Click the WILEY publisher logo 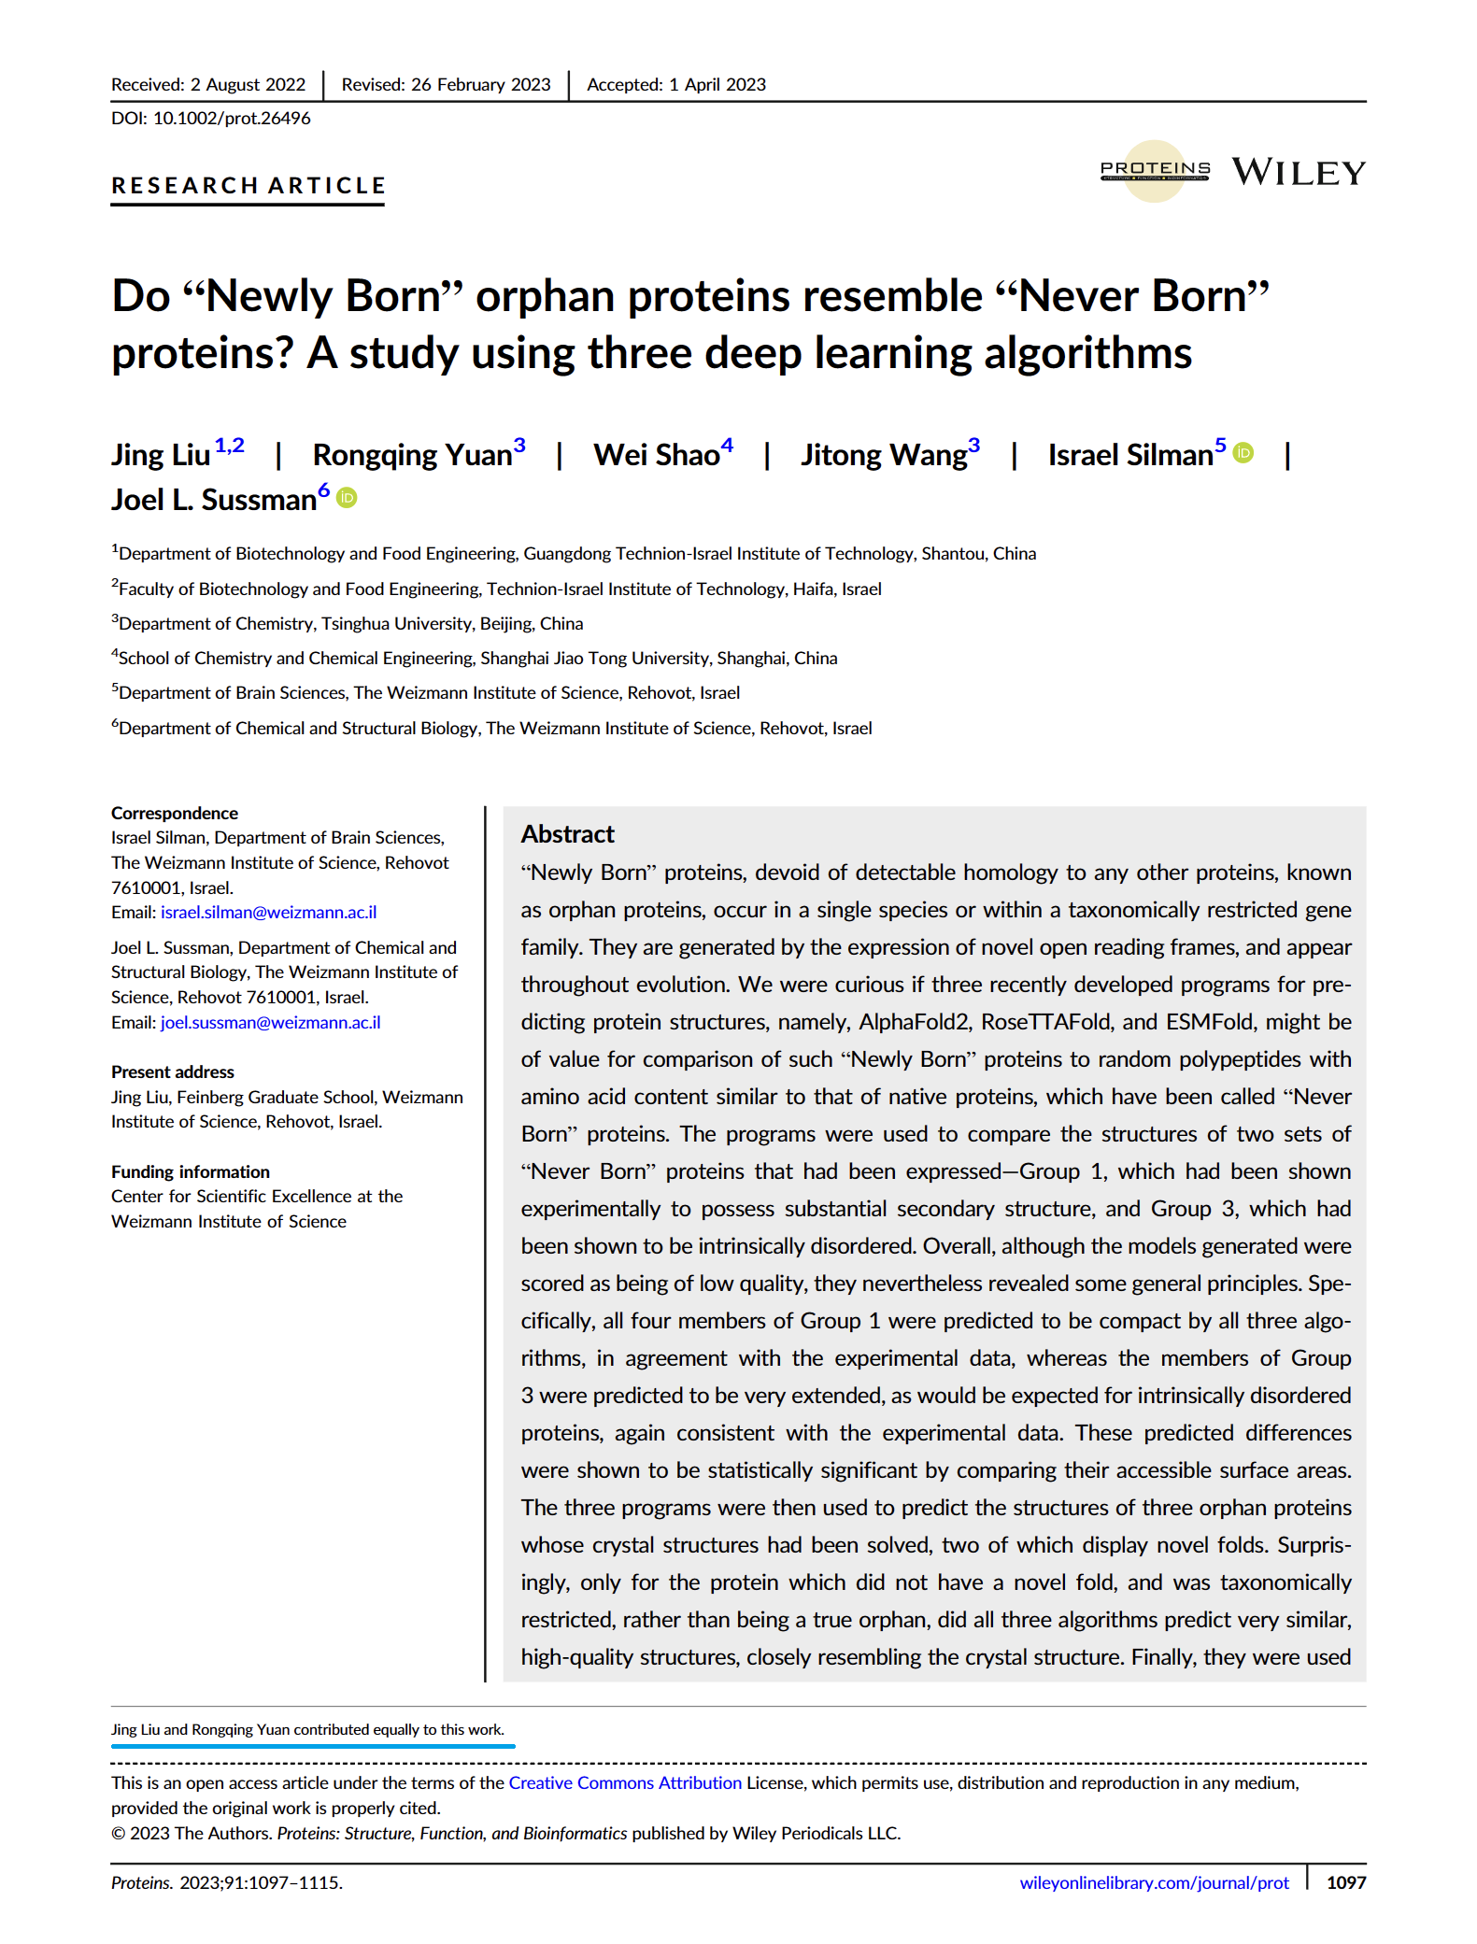coord(1298,172)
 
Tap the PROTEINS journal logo coord(1155,170)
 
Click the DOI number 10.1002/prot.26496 coord(231,119)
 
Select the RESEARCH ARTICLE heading coord(248,186)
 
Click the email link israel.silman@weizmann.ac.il coord(268,913)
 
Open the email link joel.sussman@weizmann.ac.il coord(270,1023)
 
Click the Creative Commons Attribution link coord(624,1783)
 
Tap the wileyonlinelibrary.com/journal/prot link coord(1154,1883)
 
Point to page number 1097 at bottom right coord(1346,1883)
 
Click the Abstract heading coord(567,834)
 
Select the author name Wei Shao coord(657,455)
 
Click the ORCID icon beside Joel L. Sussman coord(347,499)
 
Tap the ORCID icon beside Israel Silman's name coord(1243,453)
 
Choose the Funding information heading coord(190,1172)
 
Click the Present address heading coord(172,1072)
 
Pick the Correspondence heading coord(174,814)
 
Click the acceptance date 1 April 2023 coord(717,85)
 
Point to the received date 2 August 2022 coord(248,85)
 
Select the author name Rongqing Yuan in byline coord(412,455)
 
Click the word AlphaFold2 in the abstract coord(914,1022)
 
